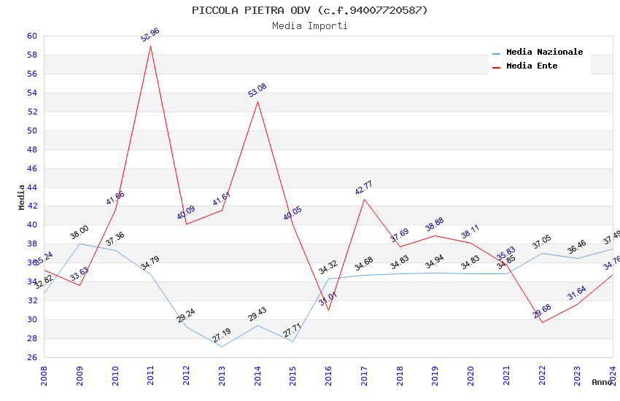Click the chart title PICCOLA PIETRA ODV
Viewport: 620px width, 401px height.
pos(310,10)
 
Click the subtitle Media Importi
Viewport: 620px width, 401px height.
pos(310,26)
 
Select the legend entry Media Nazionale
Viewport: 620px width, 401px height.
pos(544,52)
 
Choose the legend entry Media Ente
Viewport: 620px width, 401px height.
pos(532,66)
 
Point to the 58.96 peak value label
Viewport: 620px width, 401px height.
pos(150,34)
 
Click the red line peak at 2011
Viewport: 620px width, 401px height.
pos(150,46)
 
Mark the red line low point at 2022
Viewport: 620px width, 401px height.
pos(542,322)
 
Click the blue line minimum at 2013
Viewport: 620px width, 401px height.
pos(222,346)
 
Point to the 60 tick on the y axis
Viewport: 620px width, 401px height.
pos(32,36)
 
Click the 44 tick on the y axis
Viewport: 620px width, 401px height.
pos(32,187)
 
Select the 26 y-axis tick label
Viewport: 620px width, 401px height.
pos(32,357)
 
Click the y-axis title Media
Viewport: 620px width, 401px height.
pos(21,197)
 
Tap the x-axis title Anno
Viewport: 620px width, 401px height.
pos(602,382)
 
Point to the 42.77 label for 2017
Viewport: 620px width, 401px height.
pos(364,187)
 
